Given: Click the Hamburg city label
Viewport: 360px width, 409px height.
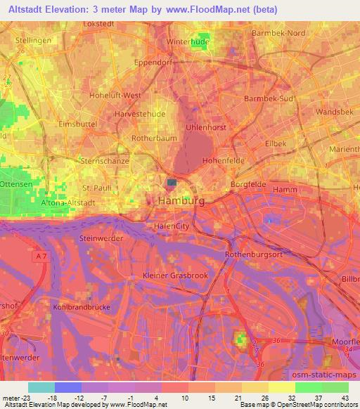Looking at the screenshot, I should (x=181, y=200).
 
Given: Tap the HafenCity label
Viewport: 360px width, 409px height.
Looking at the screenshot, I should (x=172, y=226).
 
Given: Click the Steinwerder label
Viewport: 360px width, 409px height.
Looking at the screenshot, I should (x=101, y=239).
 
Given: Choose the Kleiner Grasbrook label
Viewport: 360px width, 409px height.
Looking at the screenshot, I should (x=175, y=276).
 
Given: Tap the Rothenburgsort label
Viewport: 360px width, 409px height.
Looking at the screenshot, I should (x=253, y=254).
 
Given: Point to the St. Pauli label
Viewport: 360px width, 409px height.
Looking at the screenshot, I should (x=98, y=188).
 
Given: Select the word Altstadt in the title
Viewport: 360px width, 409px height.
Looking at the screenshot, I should (x=31, y=10).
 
